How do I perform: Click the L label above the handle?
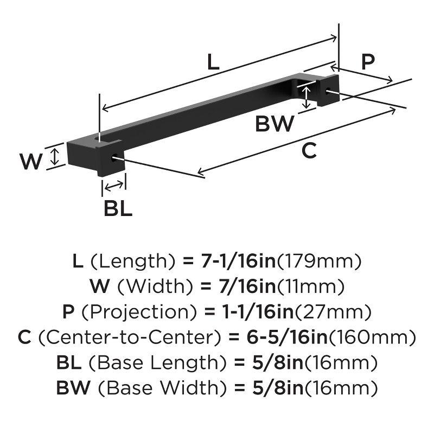click(213, 62)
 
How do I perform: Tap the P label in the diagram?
click(368, 62)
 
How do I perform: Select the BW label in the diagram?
click(275, 124)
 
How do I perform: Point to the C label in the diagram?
click(309, 150)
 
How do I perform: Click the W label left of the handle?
click(30, 161)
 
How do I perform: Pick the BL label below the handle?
click(118, 208)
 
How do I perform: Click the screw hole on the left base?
click(114, 159)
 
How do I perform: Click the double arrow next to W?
click(54, 157)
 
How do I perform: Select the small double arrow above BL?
click(114, 187)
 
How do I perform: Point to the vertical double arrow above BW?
click(308, 97)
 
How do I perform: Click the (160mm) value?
click(372, 337)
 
